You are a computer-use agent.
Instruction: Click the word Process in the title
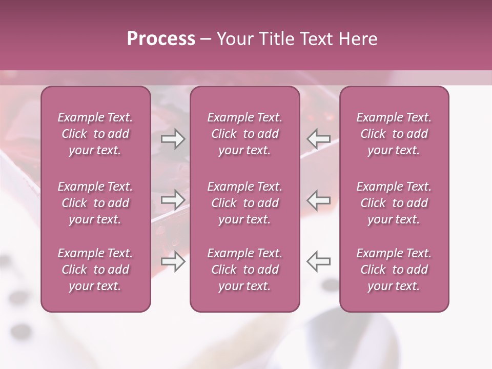point(161,39)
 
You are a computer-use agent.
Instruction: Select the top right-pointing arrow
point(173,139)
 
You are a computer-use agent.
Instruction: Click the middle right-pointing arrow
point(173,200)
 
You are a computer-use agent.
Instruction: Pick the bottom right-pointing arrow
point(173,261)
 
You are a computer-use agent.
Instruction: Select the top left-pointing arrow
point(318,139)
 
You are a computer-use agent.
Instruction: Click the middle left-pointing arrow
point(318,200)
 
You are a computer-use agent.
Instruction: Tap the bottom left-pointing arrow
point(318,261)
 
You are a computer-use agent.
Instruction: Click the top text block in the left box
point(95,134)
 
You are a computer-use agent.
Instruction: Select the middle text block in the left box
point(95,203)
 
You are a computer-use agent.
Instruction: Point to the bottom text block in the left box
point(95,270)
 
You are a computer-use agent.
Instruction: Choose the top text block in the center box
point(244,134)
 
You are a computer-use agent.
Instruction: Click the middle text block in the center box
point(244,203)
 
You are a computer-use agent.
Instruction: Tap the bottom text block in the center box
point(244,270)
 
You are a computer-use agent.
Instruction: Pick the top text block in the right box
point(394,134)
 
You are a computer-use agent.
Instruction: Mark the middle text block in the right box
point(394,203)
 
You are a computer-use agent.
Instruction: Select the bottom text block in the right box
point(394,270)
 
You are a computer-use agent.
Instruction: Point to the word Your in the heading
point(234,39)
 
